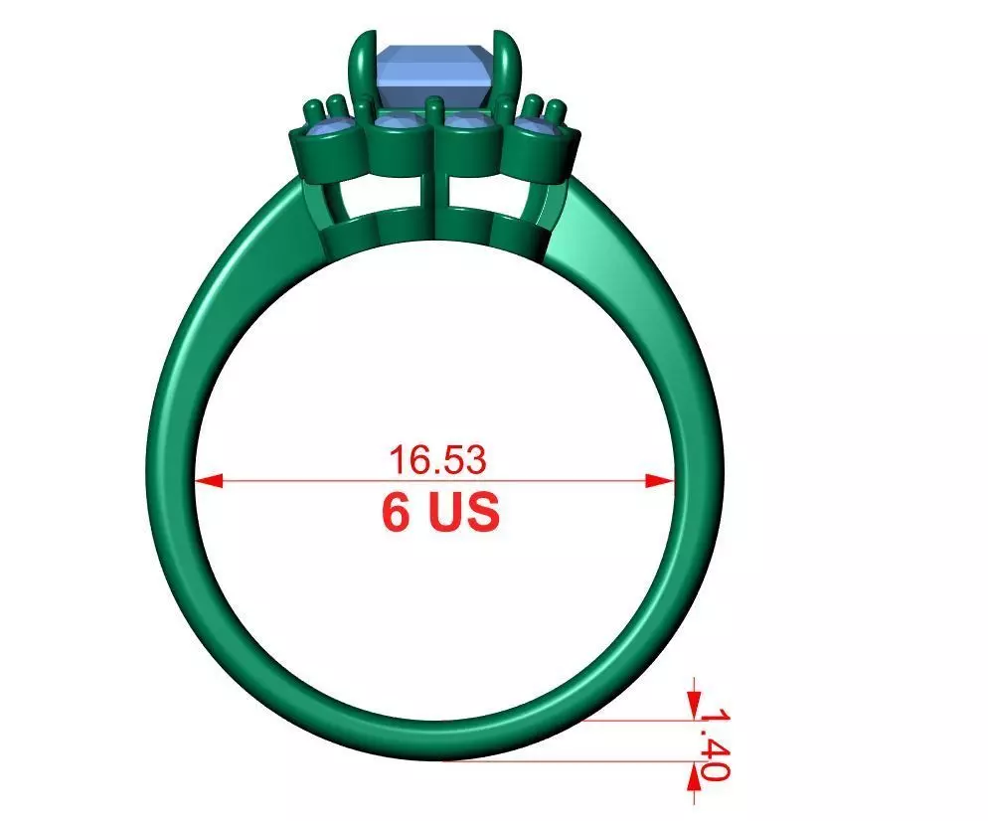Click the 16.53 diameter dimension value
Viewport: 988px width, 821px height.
(437, 460)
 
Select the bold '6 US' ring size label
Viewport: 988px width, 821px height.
(439, 512)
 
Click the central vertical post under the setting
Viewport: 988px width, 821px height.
(433, 199)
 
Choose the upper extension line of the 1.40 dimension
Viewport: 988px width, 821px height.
(636, 721)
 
